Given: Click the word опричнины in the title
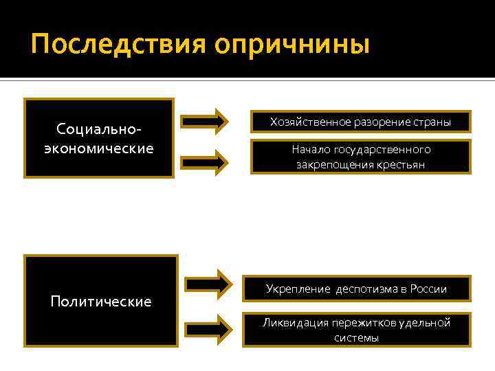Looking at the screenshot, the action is [x=291, y=45].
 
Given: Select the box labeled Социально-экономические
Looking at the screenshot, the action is [x=98, y=139].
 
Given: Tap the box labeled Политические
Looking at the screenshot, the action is [x=101, y=301].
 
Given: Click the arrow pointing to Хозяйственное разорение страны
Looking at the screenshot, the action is [x=204, y=122].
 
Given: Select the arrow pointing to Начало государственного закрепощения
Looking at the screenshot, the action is [x=204, y=161].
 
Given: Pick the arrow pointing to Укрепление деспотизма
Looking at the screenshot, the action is [x=210, y=282].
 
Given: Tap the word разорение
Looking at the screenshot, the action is [x=380, y=122].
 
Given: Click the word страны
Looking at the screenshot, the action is [x=432, y=122].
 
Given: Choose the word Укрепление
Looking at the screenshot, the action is [x=298, y=289].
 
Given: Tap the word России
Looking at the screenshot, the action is [x=428, y=289].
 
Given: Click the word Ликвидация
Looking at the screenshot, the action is [x=294, y=322].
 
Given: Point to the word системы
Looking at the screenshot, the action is [x=357, y=338].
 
